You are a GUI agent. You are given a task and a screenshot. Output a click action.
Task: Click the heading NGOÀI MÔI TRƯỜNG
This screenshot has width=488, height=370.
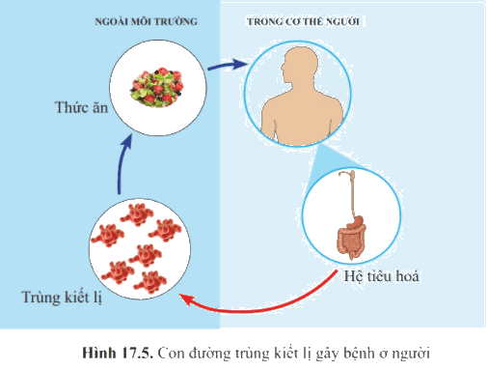pos(146,21)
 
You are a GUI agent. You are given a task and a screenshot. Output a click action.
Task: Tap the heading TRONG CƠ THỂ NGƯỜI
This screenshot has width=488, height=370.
pos(303,21)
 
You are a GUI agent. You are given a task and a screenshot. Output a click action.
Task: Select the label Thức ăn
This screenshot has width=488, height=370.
pos(81,107)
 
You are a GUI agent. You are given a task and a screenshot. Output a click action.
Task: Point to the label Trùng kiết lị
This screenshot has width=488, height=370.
pos(62,298)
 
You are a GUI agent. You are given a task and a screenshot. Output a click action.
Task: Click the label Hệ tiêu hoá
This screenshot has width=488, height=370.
pos(381,276)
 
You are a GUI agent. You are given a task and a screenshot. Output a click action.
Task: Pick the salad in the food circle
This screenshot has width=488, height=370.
pos(157,87)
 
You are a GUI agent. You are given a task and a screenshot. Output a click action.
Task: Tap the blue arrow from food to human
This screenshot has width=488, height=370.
pos(228,65)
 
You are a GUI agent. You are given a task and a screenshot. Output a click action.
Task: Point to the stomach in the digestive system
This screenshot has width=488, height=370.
pos(357,222)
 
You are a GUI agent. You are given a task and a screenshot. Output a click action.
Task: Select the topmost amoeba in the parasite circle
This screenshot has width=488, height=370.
pos(137,214)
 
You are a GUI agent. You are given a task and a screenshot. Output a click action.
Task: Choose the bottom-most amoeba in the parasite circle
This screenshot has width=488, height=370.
pos(150,282)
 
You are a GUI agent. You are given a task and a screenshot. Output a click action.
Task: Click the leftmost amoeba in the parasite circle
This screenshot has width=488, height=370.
pos(107,235)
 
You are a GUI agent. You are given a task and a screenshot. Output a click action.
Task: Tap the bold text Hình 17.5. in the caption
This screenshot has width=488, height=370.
pos(117,354)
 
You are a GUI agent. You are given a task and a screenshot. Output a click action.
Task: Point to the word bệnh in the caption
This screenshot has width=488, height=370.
pos(358,354)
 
